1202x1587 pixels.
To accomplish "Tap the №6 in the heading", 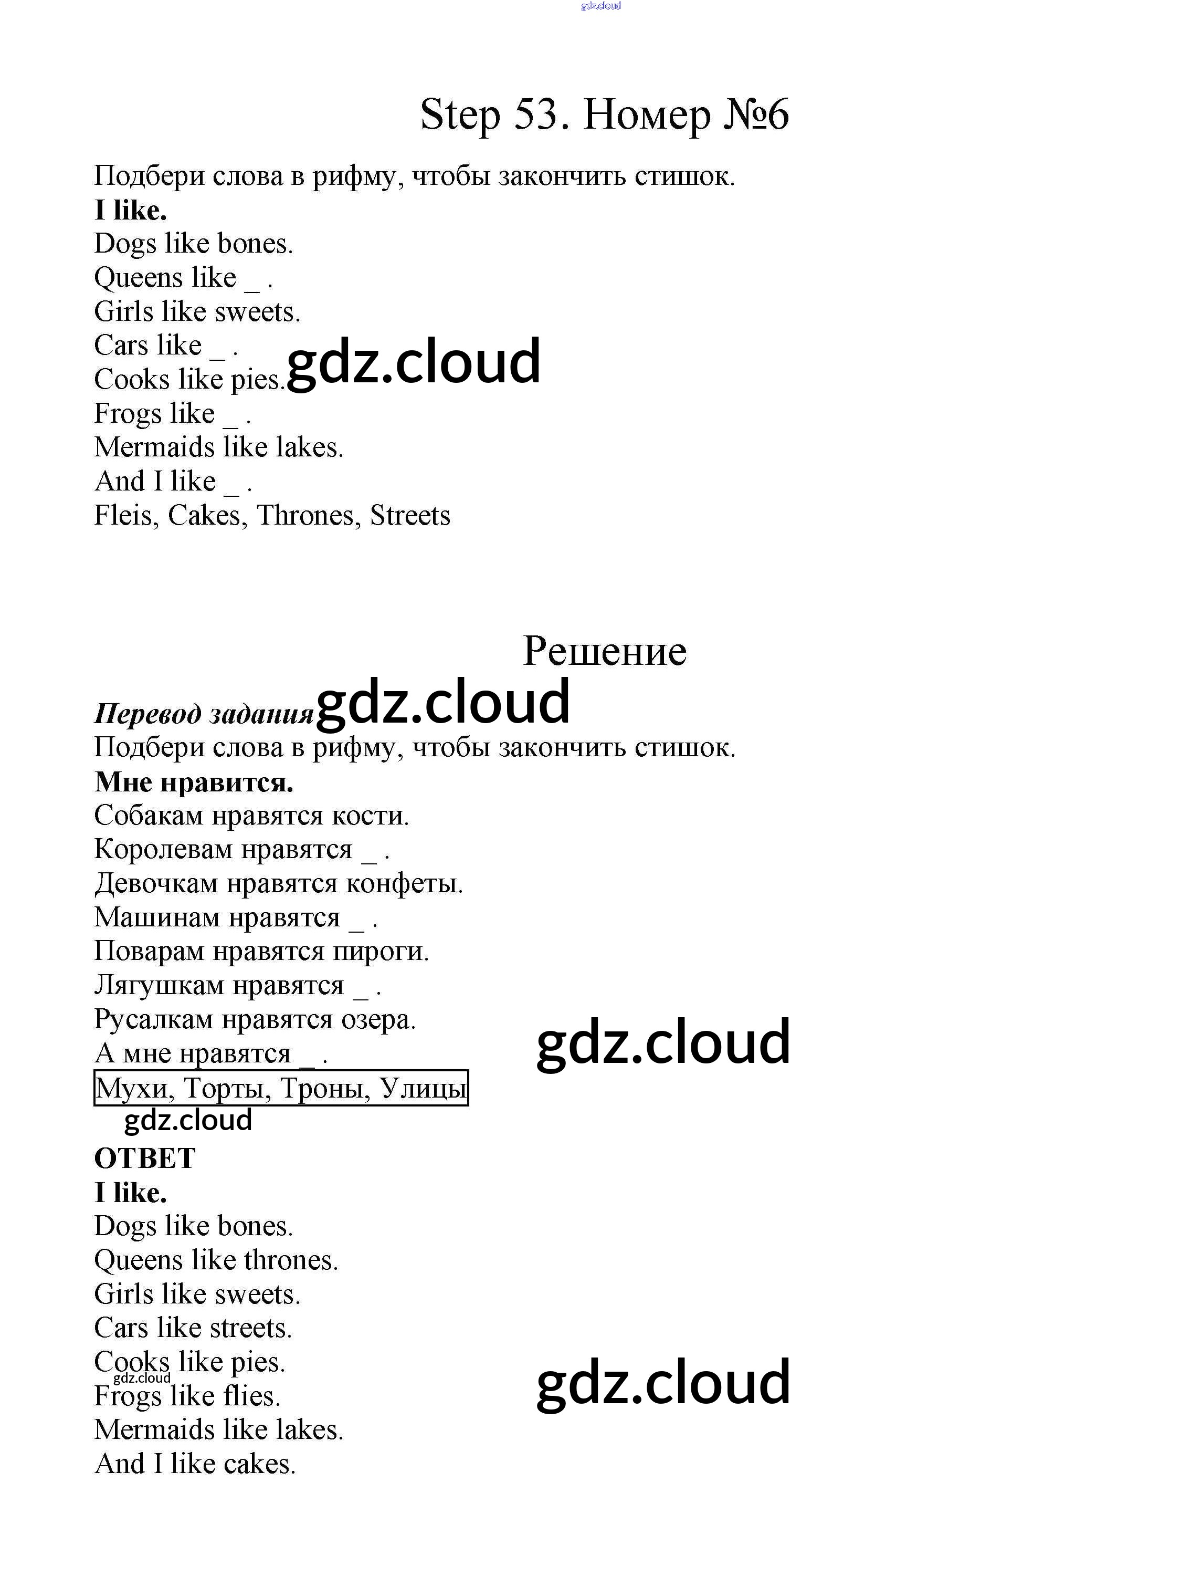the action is click(x=755, y=115).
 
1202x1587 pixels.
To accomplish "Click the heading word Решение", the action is click(x=605, y=651).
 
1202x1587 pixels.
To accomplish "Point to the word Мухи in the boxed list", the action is click(x=134, y=1089).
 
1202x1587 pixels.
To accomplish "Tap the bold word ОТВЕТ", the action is click(x=145, y=1158).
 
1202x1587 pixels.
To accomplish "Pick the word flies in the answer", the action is click(x=251, y=1396).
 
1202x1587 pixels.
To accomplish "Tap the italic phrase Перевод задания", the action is click(x=204, y=714).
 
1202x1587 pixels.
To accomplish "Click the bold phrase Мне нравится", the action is click(x=194, y=782).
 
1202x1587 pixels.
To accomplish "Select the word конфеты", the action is click(x=405, y=884).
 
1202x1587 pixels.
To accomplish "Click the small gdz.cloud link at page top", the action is click(x=601, y=6).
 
